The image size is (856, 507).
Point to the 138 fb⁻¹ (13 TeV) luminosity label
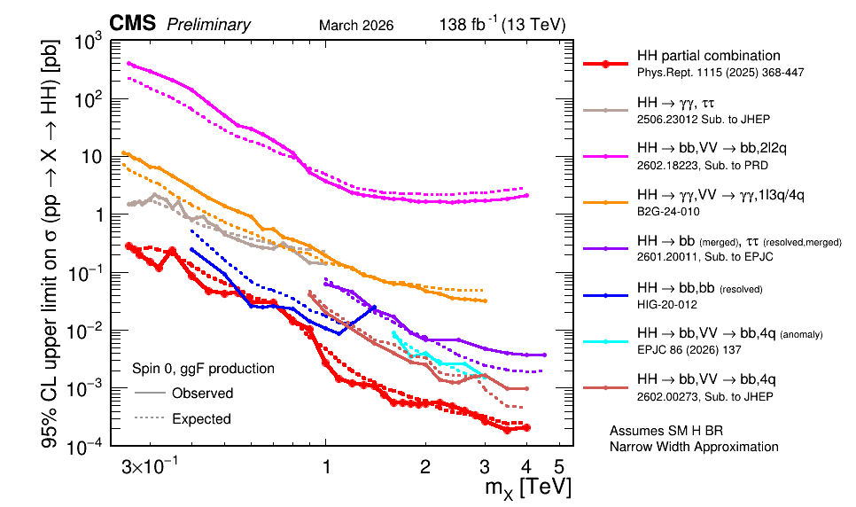point(502,24)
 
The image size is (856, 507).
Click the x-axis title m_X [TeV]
point(527,487)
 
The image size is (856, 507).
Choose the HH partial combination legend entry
point(707,56)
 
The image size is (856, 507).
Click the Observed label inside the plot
point(202,393)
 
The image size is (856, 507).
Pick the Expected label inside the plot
point(201,418)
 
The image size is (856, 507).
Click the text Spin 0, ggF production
point(203,368)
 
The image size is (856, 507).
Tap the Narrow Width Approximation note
point(694,447)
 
